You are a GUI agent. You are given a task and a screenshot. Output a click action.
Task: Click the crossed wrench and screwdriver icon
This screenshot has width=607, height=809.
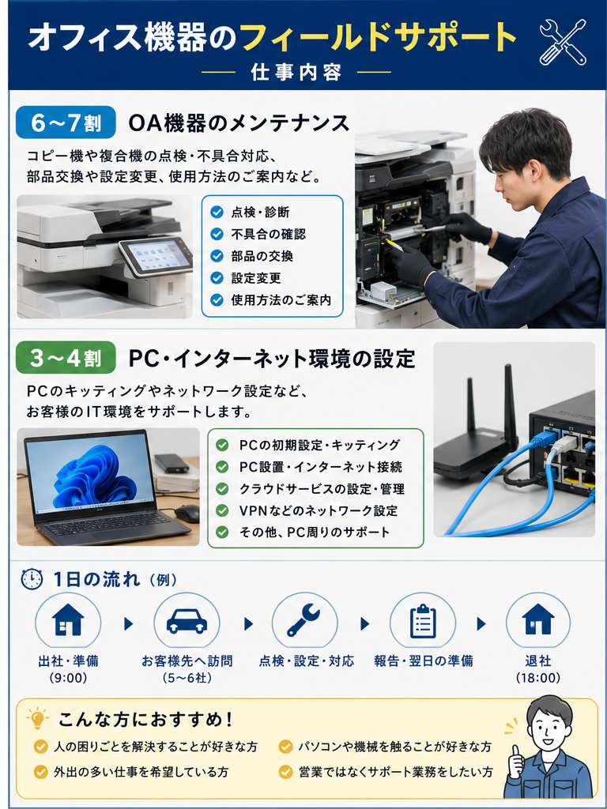(x=562, y=42)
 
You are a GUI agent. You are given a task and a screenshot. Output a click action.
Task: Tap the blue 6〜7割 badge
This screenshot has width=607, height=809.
(x=66, y=123)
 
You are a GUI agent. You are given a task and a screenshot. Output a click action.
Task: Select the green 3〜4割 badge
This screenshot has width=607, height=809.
(x=66, y=358)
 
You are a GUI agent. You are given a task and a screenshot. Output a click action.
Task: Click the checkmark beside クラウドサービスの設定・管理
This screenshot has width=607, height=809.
(x=222, y=488)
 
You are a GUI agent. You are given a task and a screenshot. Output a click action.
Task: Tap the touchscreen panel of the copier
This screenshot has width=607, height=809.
(x=156, y=256)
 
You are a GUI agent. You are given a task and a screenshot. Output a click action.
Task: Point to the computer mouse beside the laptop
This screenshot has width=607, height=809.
(x=187, y=513)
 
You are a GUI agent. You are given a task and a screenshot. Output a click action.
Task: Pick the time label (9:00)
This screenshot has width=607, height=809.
(x=68, y=677)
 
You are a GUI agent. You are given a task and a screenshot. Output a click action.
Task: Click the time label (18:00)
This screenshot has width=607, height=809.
(x=537, y=677)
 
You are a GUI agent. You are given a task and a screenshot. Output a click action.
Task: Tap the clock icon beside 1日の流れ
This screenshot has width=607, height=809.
(x=32, y=579)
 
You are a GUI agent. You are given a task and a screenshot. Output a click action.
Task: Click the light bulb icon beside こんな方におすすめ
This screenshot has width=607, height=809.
(x=37, y=718)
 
